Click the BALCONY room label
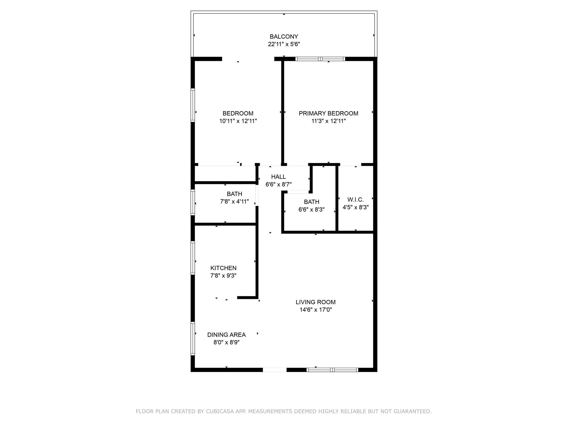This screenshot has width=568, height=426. tap(284, 37)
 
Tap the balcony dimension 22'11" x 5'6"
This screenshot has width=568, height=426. tap(284, 44)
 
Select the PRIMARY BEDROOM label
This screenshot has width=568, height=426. tap(328, 113)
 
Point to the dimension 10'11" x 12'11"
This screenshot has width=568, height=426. tap(238, 121)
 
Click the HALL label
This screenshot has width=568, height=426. tap(278, 177)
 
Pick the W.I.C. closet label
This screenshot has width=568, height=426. tap(355, 200)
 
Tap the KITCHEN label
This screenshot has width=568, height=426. tap(223, 268)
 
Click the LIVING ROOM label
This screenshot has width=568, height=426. tap(315, 302)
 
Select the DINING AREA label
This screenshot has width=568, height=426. tap(226, 335)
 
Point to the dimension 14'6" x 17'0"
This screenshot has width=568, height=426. tap(315, 310)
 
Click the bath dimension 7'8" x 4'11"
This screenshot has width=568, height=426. tap(234, 202)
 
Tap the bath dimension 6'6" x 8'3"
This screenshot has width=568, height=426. tap(311, 210)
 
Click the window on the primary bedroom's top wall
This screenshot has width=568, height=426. tap(320, 59)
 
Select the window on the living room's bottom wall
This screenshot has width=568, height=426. tap(332, 370)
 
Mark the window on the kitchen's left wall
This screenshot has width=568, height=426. tap(193, 258)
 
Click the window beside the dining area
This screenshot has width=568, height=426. tap(193, 338)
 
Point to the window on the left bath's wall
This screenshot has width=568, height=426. tap(193, 202)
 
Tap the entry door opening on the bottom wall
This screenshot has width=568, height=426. tap(275, 370)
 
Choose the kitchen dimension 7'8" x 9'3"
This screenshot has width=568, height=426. tap(223, 276)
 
